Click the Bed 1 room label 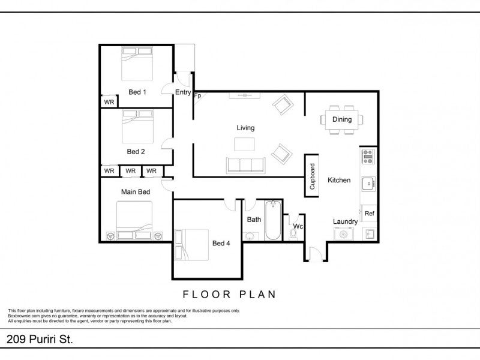[x=137, y=92]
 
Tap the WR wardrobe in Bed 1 [x=109, y=102]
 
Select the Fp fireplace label [x=197, y=95]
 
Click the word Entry [x=183, y=92]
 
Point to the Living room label [x=245, y=128]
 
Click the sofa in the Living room [x=245, y=166]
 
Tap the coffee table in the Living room [x=244, y=144]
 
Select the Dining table [x=342, y=119]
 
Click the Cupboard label [x=312, y=176]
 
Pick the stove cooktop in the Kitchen [x=368, y=157]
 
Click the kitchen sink [x=368, y=184]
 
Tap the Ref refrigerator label [x=369, y=214]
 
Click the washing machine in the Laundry [x=343, y=234]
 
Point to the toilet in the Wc [x=293, y=234]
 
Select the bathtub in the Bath [x=273, y=220]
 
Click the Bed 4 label [x=221, y=244]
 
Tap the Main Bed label [x=136, y=192]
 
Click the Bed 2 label [x=136, y=152]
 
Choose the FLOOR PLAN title [x=230, y=295]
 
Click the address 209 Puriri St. [x=40, y=339]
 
